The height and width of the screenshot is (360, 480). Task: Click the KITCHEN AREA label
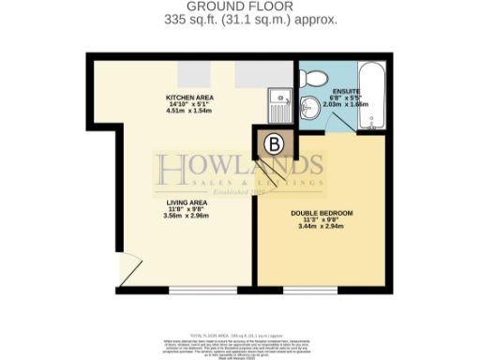[187, 97]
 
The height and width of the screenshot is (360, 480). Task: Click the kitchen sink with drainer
[279, 100]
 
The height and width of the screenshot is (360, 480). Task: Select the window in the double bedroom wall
[310, 292]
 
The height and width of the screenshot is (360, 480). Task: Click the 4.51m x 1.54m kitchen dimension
[187, 111]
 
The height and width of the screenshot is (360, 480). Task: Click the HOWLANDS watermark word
[240, 169]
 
